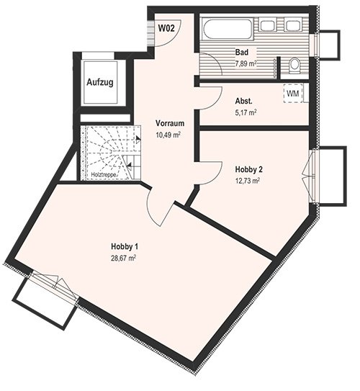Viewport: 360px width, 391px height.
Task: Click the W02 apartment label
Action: coord(166,28)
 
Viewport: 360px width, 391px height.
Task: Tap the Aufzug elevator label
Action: coord(100,82)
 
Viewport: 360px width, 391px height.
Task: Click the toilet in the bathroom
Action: coord(295,66)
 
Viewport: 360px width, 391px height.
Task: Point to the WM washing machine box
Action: coord(293,94)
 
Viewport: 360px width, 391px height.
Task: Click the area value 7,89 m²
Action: coord(246,63)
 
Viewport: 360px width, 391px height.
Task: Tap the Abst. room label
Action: coord(244,102)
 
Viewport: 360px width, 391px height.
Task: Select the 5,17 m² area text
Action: coord(246,113)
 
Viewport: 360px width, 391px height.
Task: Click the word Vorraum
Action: coord(170,123)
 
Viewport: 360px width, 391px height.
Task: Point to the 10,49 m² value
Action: coord(168,135)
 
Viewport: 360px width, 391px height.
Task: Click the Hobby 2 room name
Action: coord(249,169)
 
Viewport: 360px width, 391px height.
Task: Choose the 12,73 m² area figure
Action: coord(248,181)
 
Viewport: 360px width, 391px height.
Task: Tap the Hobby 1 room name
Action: coord(125,246)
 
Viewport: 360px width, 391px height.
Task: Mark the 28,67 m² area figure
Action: coord(123,258)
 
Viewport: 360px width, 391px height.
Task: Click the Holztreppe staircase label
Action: coord(104,175)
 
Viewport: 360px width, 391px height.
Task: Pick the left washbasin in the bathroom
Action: coord(267,24)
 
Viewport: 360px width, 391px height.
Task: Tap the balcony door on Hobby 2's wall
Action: coord(310,176)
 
